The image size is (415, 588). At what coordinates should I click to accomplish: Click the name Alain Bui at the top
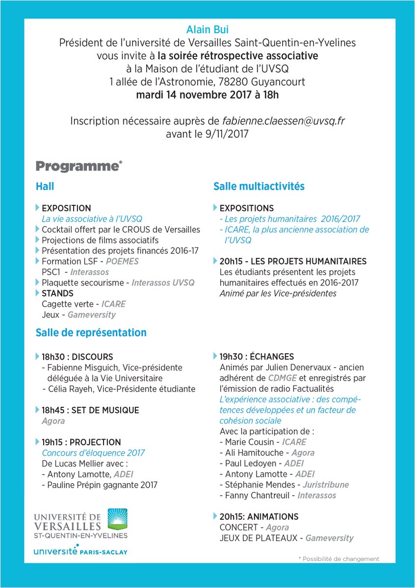click(x=207, y=30)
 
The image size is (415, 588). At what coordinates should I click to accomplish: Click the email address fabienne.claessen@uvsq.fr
click(x=284, y=121)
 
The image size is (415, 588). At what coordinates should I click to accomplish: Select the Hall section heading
click(x=45, y=186)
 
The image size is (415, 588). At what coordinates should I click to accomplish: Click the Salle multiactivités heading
click(x=259, y=186)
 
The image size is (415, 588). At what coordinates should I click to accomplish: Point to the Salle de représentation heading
click(x=91, y=332)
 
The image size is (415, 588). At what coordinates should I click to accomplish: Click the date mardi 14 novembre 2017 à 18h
click(x=207, y=95)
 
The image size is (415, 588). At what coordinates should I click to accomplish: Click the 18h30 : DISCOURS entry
click(x=77, y=357)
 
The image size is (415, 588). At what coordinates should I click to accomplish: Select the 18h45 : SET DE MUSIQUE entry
click(x=90, y=410)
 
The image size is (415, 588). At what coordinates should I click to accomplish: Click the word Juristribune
click(x=326, y=485)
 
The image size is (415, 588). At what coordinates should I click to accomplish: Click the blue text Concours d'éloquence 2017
click(x=93, y=453)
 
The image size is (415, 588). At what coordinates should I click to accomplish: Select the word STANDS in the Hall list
click(x=57, y=293)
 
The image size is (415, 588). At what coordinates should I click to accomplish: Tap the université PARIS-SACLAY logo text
click(x=80, y=551)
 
